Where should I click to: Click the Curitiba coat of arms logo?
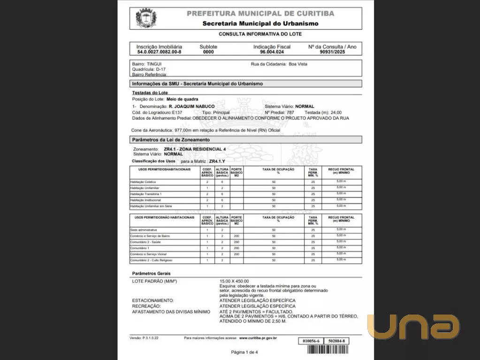coord(146,18)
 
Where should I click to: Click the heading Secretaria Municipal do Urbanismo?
coord(260,23)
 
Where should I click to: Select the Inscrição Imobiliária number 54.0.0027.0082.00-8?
coord(159,52)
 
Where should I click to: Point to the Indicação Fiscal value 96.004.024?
coord(272,52)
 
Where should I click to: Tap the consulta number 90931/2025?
coord(332,52)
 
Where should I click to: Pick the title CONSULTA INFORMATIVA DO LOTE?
coord(260,34)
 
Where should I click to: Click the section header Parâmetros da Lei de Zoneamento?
coord(171,140)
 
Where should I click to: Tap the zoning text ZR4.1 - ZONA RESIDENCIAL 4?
coord(194,149)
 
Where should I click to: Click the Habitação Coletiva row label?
coord(143,182)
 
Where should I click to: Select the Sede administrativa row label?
coord(144,230)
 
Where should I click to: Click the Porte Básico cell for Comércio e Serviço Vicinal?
coord(236,254)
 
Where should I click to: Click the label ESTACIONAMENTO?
coord(153,300)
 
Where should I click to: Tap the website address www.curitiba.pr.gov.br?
coord(258,337)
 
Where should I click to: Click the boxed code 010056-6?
coord(311,341)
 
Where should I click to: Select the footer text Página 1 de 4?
coord(244,352)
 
